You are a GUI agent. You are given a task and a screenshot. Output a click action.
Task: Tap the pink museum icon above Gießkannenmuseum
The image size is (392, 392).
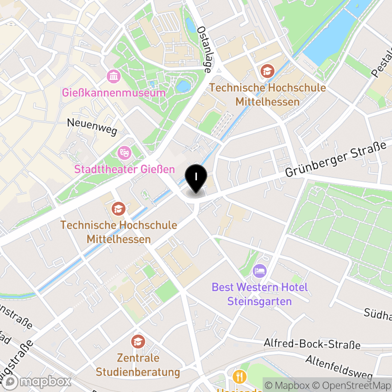click(114, 76)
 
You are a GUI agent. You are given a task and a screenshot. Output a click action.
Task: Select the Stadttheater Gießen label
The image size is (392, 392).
click(124, 170)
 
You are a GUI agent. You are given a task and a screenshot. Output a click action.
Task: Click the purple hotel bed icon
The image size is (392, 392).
click(259, 270)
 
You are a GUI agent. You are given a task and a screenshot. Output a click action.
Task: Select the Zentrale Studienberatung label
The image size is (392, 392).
click(138, 365)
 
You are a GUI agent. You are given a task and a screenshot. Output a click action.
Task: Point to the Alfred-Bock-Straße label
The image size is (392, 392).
click(312, 344)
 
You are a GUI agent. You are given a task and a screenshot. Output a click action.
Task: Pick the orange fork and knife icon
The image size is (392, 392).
click(240, 377)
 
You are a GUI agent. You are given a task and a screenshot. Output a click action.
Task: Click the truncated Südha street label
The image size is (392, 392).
click(378, 313)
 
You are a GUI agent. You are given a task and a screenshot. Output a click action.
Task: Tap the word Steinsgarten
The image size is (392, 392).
click(260, 301)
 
